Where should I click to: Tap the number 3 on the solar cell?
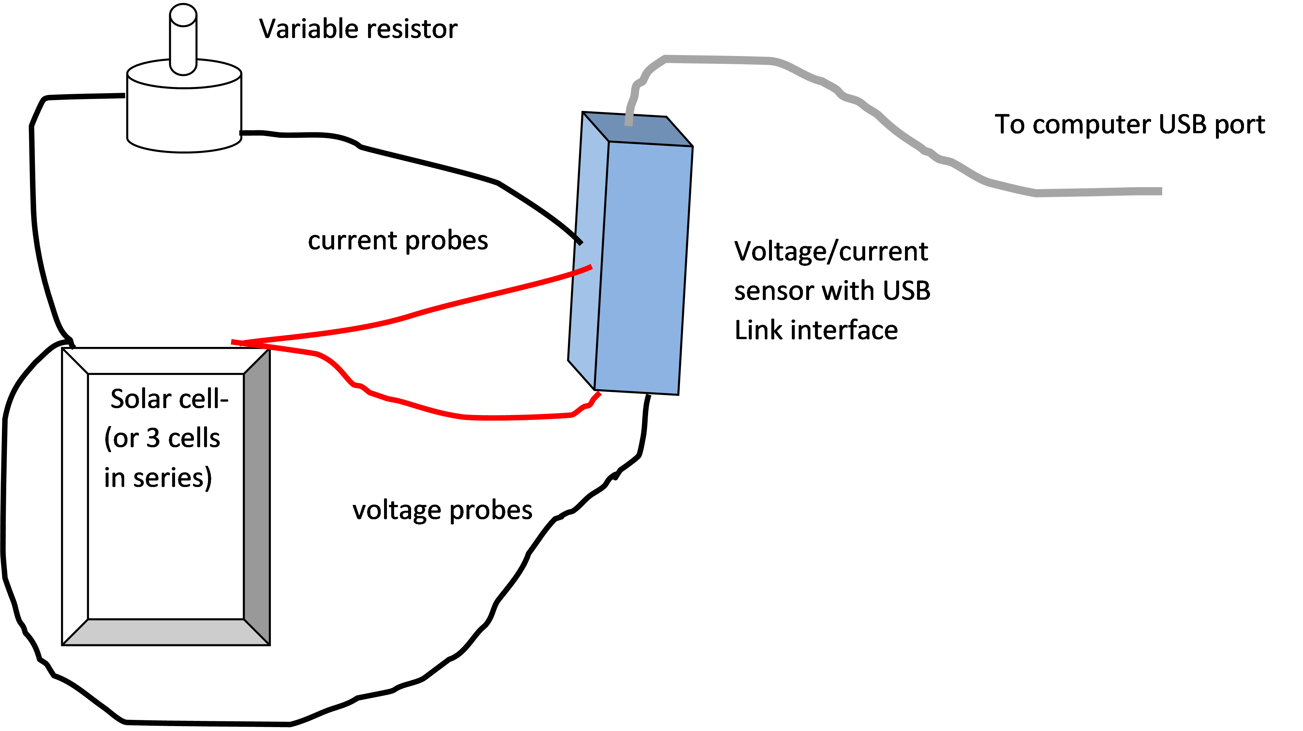click(x=153, y=438)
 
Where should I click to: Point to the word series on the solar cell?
click(x=172, y=478)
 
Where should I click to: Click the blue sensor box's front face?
click(x=643, y=268)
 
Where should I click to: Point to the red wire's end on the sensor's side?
click(x=590, y=267)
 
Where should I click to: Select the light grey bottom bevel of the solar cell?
click(x=166, y=632)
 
